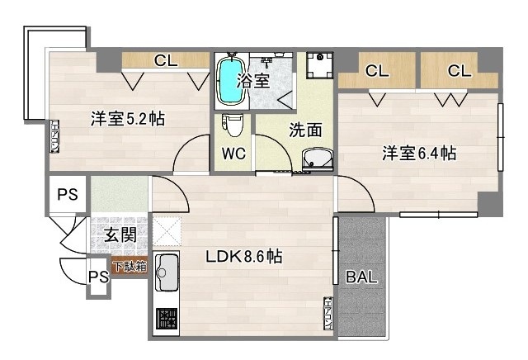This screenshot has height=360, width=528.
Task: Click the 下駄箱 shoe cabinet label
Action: click(129, 267)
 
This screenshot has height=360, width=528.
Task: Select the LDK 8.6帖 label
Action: click(243, 257)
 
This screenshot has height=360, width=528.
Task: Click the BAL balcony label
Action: click(361, 277)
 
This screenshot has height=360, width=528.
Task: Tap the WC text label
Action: click(233, 154)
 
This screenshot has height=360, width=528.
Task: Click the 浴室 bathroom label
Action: click(253, 80)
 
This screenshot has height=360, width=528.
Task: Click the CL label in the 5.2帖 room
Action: click(165, 60)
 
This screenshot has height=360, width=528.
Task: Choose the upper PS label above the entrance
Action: click(68, 195)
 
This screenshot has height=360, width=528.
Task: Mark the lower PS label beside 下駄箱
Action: click(98, 277)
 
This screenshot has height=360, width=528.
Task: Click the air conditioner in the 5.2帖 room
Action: click(54, 137)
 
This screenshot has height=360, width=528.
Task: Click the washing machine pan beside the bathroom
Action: click(318, 66)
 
